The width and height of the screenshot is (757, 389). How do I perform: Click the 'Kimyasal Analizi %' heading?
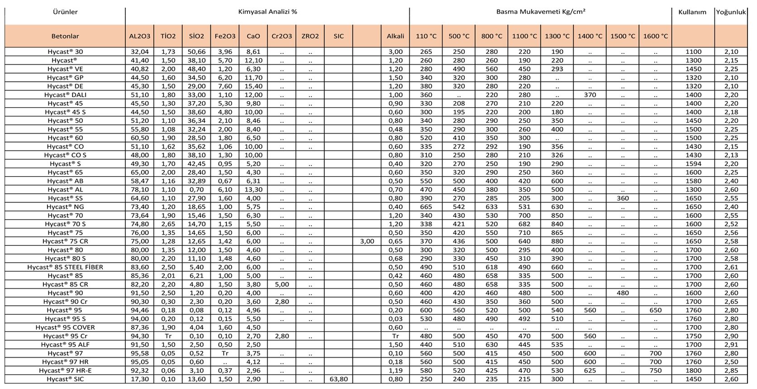coord(267,12)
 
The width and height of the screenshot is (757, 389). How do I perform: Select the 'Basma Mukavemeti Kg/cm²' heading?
coord(540,12)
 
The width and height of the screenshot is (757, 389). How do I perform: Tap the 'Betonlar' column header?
coord(65,36)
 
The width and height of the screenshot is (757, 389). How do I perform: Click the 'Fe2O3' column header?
coord(225,36)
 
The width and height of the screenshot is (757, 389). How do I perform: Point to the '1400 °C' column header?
coord(590,36)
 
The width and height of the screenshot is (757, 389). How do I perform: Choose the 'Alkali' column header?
coord(395,36)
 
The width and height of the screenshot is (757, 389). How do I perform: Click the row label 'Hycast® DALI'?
coord(65,95)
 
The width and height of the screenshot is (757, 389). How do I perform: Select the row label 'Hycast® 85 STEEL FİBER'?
coord(65,267)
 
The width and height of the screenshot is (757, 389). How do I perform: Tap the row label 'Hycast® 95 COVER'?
coord(65,327)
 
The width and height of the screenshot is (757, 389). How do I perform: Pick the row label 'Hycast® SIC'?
coord(65,379)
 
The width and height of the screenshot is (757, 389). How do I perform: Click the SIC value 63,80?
coord(338,379)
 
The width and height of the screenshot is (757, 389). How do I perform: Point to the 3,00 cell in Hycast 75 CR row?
coord(367,241)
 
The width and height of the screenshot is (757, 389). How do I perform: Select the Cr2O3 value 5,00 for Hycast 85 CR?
coord(281,284)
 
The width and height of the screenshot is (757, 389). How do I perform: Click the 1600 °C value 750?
coord(655,370)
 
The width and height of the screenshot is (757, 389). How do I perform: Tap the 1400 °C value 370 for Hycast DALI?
coord(590,95)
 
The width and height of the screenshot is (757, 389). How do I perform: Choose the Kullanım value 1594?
coord(693,164)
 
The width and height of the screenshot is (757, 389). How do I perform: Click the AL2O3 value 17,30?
coord(139,379)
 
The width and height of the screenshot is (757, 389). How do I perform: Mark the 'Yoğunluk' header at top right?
coord(730,12)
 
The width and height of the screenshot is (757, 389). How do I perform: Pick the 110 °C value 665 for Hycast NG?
coord(426,207)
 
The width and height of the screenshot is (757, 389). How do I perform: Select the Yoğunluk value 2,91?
coord(731,345)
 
